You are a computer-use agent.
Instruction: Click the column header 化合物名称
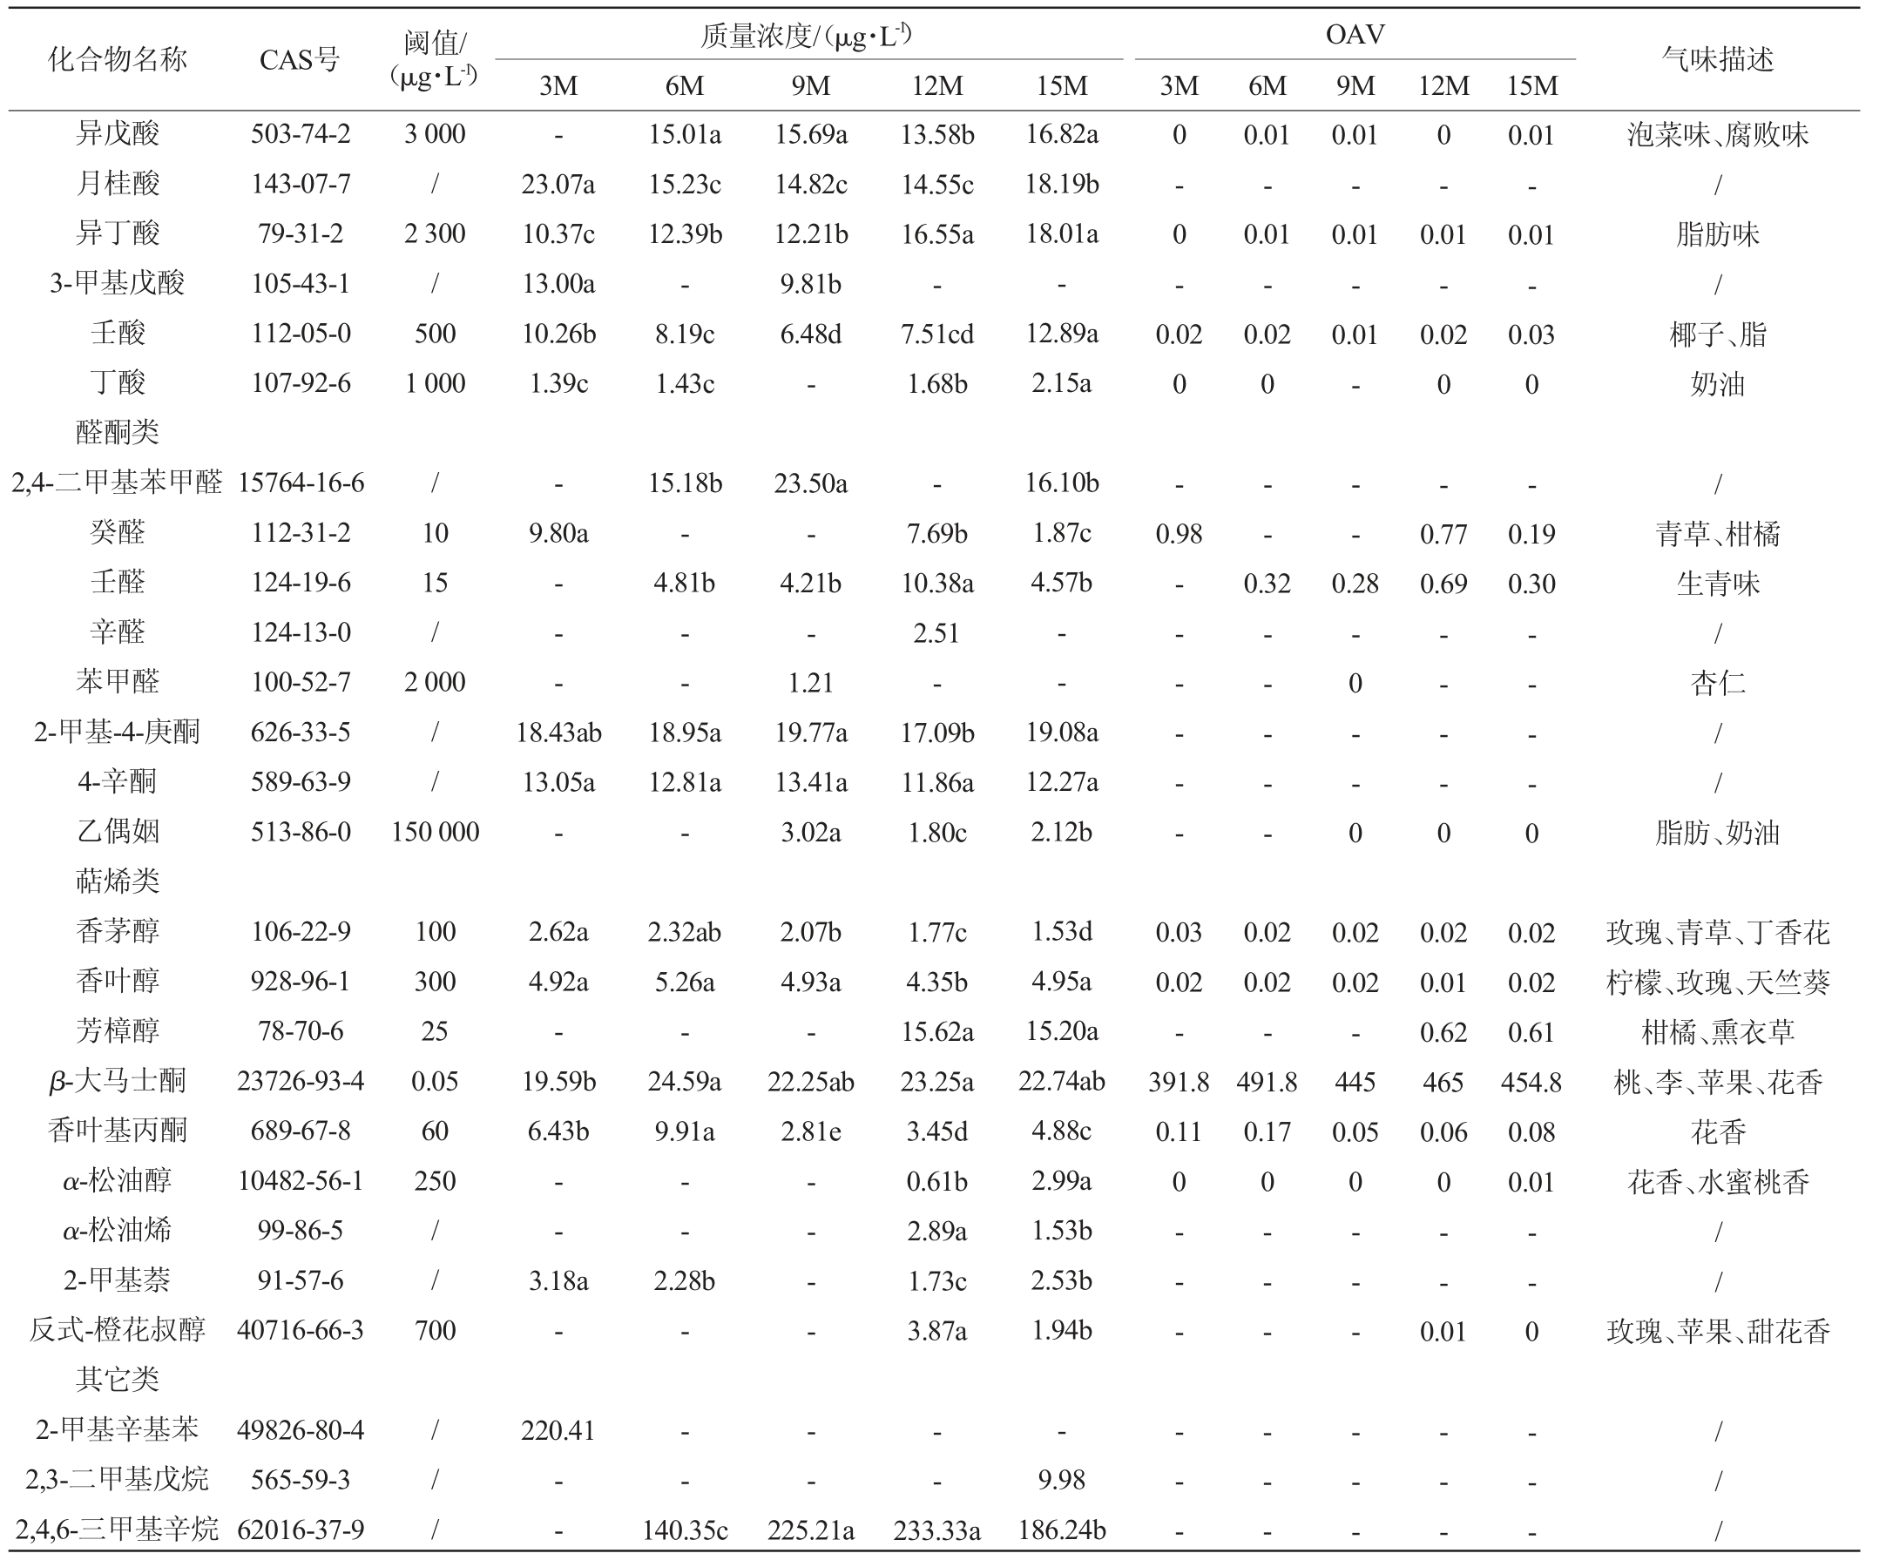click(x=117, y=60)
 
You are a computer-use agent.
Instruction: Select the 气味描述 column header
click(x=1717, y=60)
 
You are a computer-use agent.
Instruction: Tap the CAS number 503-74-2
click(x=300, y=134)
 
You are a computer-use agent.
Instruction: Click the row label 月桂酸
click(x=117, y=184)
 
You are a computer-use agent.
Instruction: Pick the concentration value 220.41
click(x=558, y=1428)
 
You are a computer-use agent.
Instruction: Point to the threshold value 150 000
click(x=435, y=832)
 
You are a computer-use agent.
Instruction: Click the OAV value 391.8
click(x=1179, y=1081)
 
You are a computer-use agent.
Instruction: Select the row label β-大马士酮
click(x=117, y=1080)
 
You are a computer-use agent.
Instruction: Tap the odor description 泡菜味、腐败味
click(x=1717, y=135)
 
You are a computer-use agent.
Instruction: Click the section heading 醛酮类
click(x=117, y=432)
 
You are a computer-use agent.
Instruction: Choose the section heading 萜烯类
click(x=117, y=881)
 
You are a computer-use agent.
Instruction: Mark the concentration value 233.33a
click(x=936, y=1530)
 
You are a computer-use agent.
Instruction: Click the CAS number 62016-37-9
click(x=300, y=1529)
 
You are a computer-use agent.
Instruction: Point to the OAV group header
click(x=1355, y=35)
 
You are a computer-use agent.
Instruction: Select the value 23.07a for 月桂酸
click(x=558, y=184)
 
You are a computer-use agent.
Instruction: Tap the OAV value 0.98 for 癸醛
click(x=1179, y=533)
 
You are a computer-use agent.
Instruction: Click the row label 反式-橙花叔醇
click(x=117, y=1329)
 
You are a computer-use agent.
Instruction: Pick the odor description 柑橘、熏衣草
click(x=1717, y=1032)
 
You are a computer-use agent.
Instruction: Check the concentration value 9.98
click(x=1062, y=1479)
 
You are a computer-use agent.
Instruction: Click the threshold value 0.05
click(x=435, y=1081)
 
